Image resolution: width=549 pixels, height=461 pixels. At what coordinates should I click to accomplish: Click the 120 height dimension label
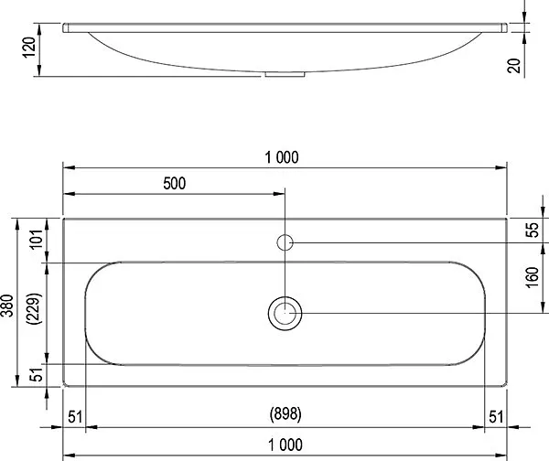pos(29,48)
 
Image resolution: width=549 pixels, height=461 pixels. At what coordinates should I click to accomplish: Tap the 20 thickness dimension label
pos(514,66)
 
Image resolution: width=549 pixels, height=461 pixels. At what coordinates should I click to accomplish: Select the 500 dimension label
pos(175,184)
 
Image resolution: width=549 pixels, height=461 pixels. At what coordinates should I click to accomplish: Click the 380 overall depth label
pos(7,306)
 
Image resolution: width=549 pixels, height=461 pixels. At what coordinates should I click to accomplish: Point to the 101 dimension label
pos(37,240)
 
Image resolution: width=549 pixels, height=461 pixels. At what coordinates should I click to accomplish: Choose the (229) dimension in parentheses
pos(35,308)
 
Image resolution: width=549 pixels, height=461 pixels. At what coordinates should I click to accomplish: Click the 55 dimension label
pos(532,230)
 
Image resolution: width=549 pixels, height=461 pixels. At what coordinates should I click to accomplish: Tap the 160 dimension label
pos(532,277)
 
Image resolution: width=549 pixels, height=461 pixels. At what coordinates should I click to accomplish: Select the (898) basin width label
pos(285,414)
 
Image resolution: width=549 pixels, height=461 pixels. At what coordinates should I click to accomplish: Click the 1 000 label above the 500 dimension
pos(282,157)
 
